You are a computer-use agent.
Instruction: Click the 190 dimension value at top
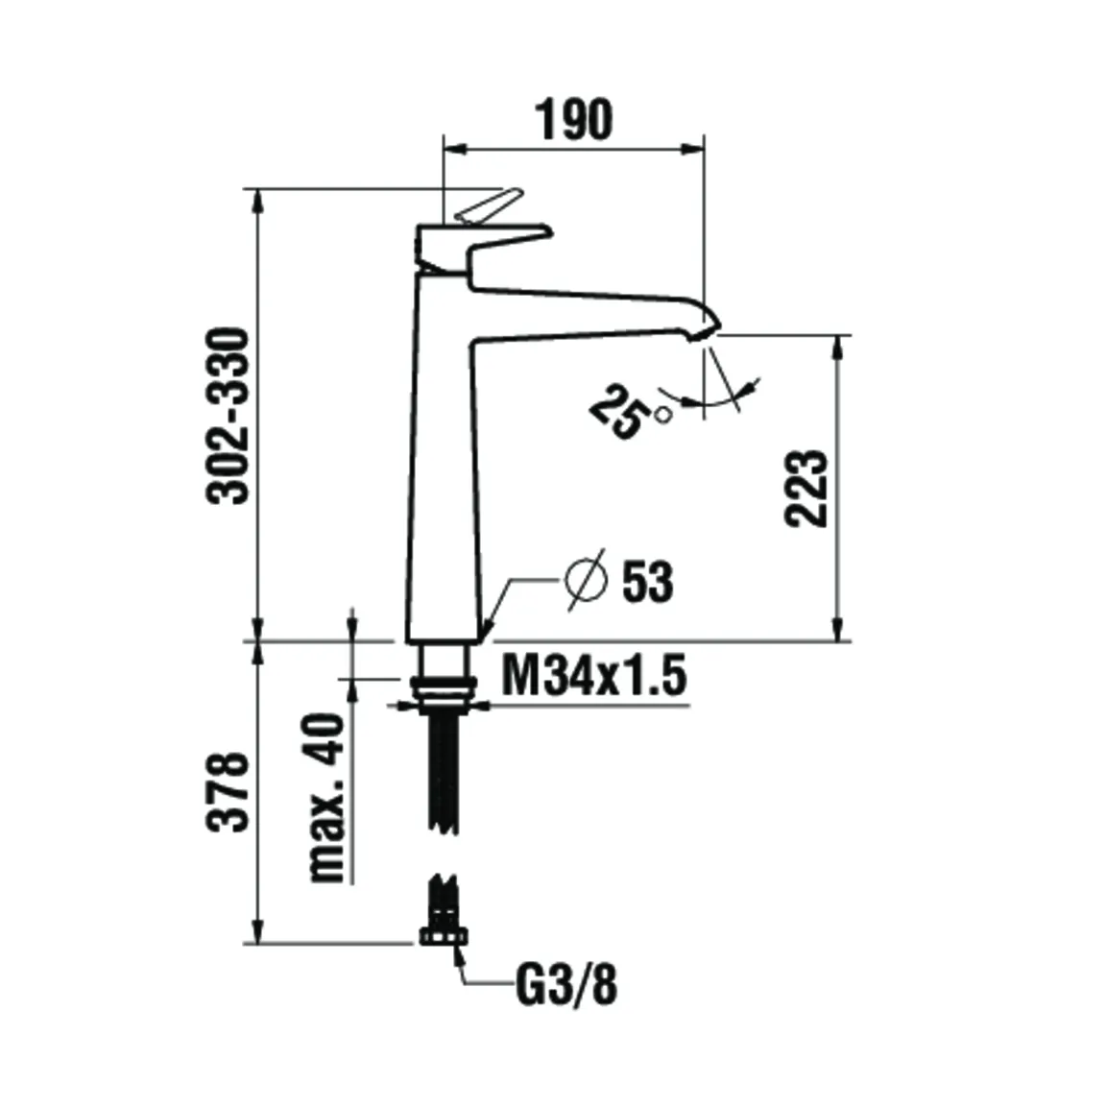point(573,120)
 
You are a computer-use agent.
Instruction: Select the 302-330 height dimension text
point(230,415)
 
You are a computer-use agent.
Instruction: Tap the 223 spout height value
point(805,487)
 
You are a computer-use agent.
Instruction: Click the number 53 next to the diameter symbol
point(648,582)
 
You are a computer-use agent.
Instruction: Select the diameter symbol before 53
point(586,579)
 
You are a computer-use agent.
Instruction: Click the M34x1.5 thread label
point(594,676)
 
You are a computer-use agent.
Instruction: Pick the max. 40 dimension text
point(325,797)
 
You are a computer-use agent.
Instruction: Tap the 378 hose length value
point(229,791)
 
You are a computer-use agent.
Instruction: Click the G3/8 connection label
point(566,986)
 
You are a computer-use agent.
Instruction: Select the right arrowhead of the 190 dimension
point(694,148)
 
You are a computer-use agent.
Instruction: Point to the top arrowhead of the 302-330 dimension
point(257,197)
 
